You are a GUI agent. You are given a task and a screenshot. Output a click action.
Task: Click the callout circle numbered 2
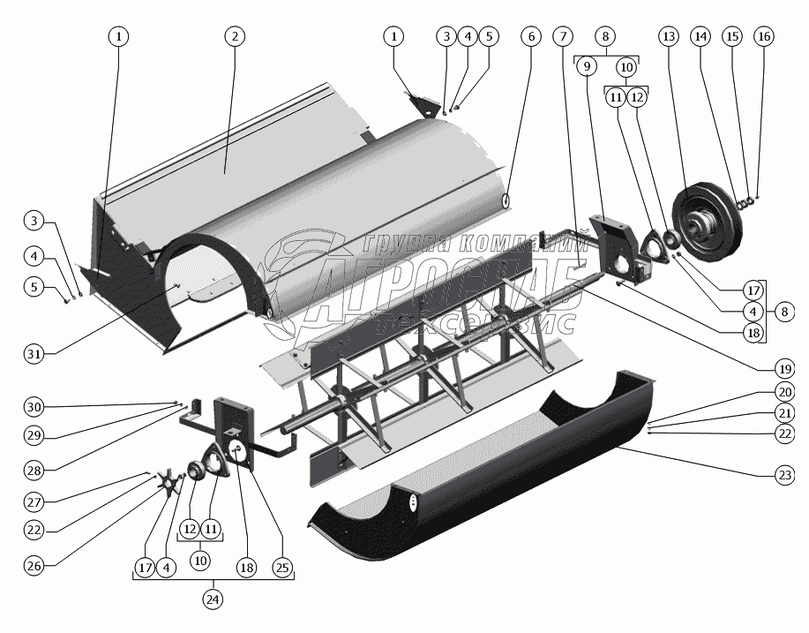point(234,36)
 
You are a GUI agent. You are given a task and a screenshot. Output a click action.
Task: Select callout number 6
point(529,36)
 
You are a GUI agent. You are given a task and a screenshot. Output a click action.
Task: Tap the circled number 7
point(563,36)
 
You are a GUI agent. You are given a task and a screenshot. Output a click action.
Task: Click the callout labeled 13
point(668,36)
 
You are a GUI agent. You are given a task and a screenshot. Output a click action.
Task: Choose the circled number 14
point(701,36)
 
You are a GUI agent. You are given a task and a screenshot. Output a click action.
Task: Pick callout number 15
point(732,36)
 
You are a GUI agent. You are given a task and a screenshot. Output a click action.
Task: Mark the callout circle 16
point(763,36)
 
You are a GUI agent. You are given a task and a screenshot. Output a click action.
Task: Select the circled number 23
point(784,475)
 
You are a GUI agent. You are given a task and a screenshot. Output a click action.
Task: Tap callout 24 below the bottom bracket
point(213,599)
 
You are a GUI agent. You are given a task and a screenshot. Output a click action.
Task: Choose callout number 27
point(34,501)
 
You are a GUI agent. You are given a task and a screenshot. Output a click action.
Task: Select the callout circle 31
point(34,354)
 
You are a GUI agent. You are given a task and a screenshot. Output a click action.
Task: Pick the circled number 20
point(784,391)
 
